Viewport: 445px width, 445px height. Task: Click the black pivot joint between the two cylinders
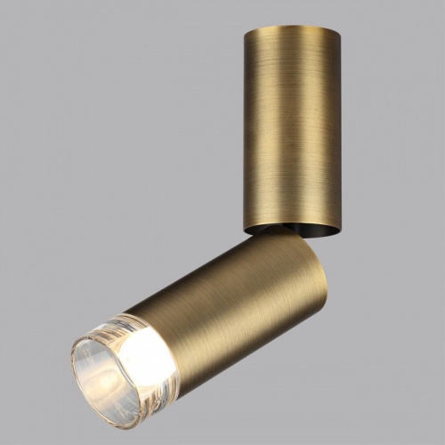(x=263, y=231)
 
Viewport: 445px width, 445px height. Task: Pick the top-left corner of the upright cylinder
(x=243, y=28)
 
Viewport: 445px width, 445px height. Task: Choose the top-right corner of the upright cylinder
(x=340, y=30)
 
